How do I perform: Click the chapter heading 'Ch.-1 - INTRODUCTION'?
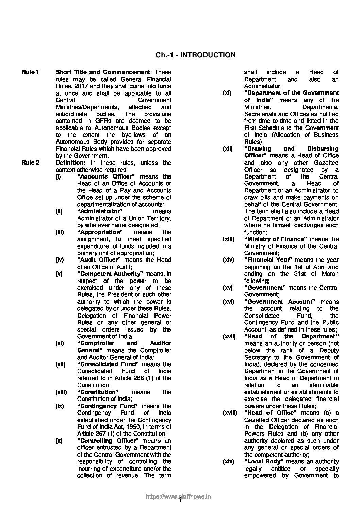[195, 55]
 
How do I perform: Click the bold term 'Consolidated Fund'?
[108, 364]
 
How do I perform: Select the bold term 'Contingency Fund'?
[107, 406]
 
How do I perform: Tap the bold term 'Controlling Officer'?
[107, 441]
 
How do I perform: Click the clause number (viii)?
[61, 392]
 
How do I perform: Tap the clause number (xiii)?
[228, 239]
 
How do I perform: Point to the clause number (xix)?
[228, 461]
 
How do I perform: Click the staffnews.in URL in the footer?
[178, 497]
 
